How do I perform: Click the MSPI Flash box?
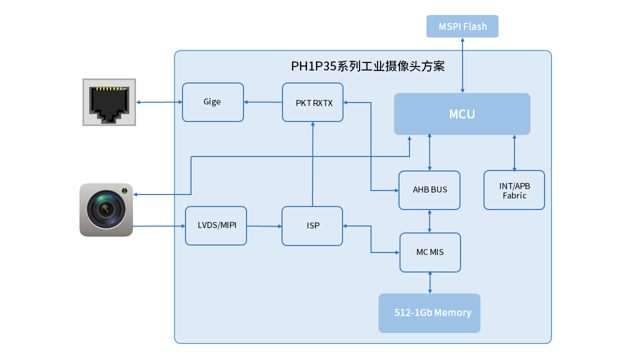tap(462, 26)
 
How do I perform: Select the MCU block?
tap(462, 114)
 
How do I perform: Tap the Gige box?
tap(212, 102)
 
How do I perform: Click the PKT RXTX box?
tap(312, 102)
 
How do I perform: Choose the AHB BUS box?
tap(429, 190)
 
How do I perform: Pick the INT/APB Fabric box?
tap(514, 190)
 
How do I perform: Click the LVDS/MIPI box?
tap(216, 225)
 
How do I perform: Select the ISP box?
tap(312, 226)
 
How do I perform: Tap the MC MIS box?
tap(430, 252)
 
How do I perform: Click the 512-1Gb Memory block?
tap(429, 313)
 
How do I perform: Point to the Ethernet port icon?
tap(109, 102)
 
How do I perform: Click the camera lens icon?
tap(105, 209)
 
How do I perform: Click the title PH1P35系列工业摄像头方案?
tap(367, 66)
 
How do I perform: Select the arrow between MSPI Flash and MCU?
tap(462, 65)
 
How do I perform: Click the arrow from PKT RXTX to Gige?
tap(263, 102)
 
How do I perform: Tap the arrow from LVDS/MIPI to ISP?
tap(264, 226)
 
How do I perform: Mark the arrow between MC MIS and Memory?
tap(430, 282)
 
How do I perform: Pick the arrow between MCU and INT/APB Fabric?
tap(514, 152)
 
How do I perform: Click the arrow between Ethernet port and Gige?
tap(159, 102)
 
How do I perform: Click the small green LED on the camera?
tap(124, 191)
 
